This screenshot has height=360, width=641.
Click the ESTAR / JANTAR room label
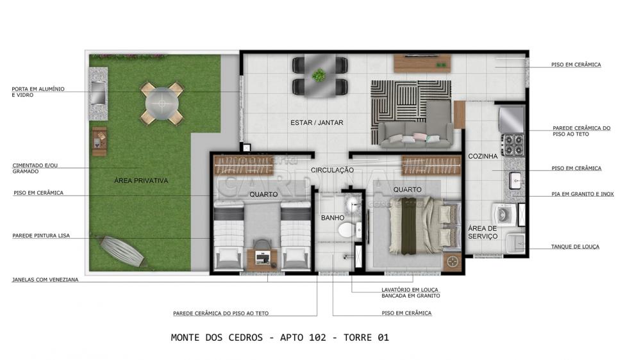click(317, 122)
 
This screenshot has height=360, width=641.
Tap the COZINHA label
click(483, 156)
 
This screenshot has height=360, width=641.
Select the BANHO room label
click(332, 218)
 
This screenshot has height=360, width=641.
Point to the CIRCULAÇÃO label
click(332, 170)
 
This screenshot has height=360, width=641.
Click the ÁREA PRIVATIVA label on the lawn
click(141, 180)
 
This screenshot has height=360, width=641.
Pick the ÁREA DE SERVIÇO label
click(483, 232)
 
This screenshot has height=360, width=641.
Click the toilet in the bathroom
click(348, 230)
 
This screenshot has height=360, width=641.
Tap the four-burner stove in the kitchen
click(513, 145)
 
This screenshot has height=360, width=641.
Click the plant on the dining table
click(319, 75)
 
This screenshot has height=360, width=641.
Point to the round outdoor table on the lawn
click(162, 103)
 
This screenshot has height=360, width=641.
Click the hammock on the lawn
click(122, 250)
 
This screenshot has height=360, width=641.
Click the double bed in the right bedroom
click(424, 225)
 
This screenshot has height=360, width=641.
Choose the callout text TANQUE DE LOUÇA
click(575, 247)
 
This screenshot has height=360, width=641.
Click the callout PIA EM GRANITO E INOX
click(583, 194)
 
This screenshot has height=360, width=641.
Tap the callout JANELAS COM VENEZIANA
click(45, 280)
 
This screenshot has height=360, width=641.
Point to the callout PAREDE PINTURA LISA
click(41, 236)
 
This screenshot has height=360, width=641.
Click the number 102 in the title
click(318, 338)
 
